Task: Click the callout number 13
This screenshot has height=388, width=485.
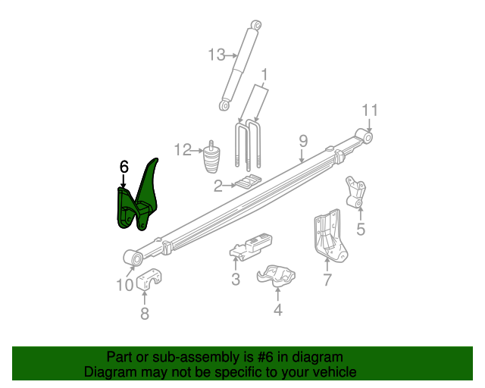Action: pyautogui.click(x=217, y=54)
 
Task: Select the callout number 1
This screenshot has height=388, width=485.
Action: pyautogui.click(x=265, y=75)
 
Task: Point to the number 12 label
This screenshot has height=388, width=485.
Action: pyautogui.click(x=183, y=150)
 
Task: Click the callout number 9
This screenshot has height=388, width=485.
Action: pyautogui.click(x=302, y=140)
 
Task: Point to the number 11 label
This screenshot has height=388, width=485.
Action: pyautogui.click(x=369, y=110)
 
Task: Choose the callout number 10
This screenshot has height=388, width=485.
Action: pyautogui.click(x=124, y=285)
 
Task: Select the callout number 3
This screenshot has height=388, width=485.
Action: pyautogui.click(x=236, y=280)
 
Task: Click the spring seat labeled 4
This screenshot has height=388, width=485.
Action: pyautogui.click(x=276, y=277)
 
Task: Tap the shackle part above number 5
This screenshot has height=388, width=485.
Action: pyautogui.click(x=355, y=192)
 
